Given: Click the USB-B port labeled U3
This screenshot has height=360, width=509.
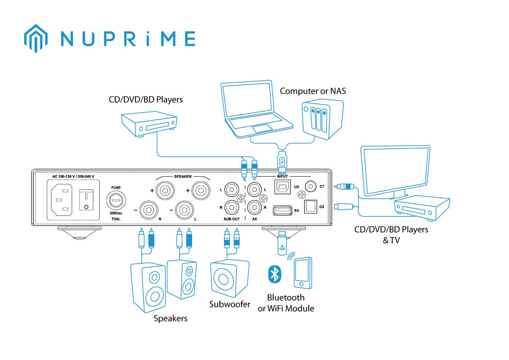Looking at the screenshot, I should pos(282,187).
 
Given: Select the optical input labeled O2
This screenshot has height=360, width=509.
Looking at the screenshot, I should pos(311,206).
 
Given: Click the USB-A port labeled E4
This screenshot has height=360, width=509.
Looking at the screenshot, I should pos(282,209).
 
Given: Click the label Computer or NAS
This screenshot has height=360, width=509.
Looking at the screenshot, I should pos(313,91).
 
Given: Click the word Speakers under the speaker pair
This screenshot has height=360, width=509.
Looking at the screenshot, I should pos(171,318).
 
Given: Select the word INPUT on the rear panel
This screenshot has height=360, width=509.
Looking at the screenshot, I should pos(282,176).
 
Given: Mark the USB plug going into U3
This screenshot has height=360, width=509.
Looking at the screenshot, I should pos(283,160).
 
